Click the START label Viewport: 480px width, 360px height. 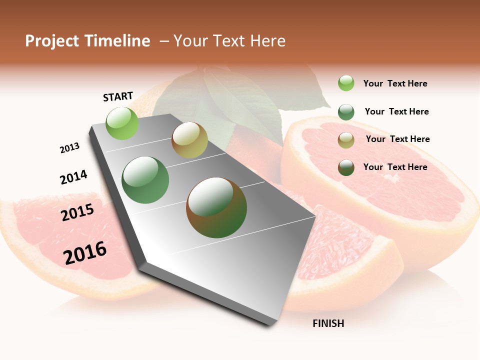(x=118, y=96)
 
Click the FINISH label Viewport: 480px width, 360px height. (x=328, y=323)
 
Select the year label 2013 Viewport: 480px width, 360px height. (x=69, y=148)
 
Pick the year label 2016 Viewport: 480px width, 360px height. (x=85, y=252)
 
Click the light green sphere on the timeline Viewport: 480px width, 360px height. (x=122, y=123)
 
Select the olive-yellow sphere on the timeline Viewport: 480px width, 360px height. (x=189, y=140)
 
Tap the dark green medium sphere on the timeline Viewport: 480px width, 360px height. (x=145, y=180)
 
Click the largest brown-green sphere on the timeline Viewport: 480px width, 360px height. (x=216, y=207)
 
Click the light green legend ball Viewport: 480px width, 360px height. (x=346, y=83)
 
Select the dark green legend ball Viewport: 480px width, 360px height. (x=346, y=112)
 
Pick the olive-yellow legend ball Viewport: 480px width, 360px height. (x=346, y=140)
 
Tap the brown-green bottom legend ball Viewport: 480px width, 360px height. (x=346, y=167)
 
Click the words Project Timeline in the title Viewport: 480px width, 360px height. (x=87, y=41)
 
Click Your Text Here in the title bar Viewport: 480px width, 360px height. (x=229, y=41)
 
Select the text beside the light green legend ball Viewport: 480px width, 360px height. (x=395, y=83)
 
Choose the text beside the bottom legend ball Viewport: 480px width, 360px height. (x=395, y=167)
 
